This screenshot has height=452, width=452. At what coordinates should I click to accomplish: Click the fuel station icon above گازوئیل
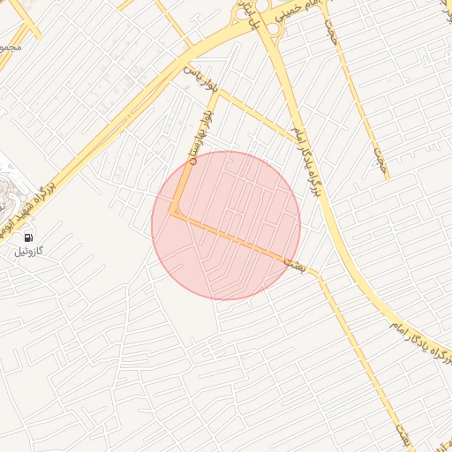coord(29,237)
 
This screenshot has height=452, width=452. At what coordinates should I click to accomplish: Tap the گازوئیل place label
coord(29,252)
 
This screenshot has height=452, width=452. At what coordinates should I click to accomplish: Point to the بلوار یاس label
coord(200,80)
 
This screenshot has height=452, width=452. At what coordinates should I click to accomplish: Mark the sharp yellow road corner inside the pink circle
coord(175,212)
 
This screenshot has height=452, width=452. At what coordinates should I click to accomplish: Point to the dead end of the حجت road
coord(386,179)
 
